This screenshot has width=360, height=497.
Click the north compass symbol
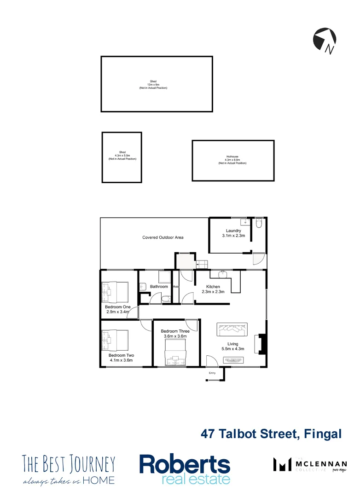tap(324, 40)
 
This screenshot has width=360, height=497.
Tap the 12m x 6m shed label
tap(153, 84)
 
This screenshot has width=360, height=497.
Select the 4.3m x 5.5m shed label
tap(122, 156)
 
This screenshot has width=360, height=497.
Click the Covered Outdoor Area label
tap(163, 237)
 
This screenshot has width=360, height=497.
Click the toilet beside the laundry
tap(259, 224)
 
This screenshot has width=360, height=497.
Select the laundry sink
tap(247, 222)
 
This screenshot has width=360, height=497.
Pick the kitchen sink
tap(223, 274)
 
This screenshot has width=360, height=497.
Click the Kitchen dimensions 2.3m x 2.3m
tap(212, 291)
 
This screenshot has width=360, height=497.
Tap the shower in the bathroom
tap(164, 277)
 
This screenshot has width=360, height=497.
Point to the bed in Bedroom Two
tap(115, 340)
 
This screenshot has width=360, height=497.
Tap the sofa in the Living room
tap(232, 330)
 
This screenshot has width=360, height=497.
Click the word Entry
tap(212, 373)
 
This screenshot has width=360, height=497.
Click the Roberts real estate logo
tap(185, 469)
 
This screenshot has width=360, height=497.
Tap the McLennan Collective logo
tap(308, 465)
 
